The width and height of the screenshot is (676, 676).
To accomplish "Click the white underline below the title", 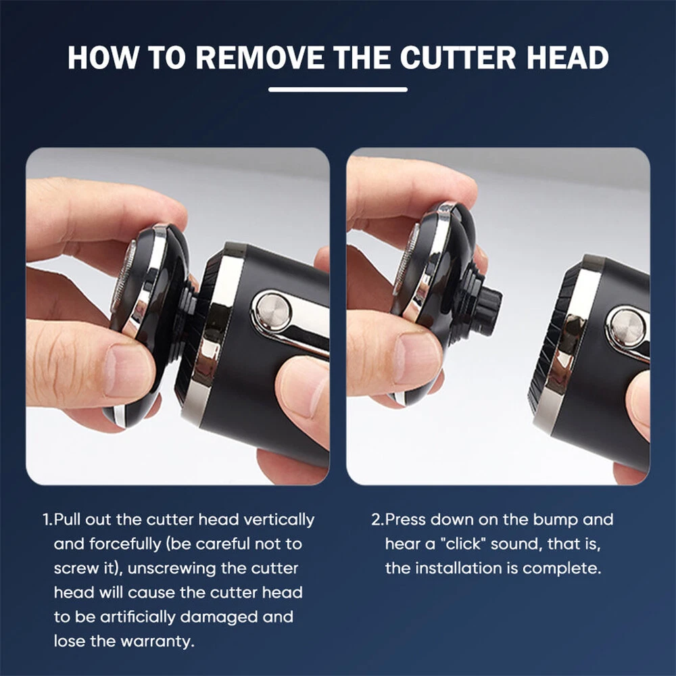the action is pyautogui.click(x=338, y=90).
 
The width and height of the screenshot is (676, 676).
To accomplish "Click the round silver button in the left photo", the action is pyautogui.click(x=272, y=311).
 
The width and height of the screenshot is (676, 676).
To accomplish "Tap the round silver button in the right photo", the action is pyautogui.click(x=627, y=326).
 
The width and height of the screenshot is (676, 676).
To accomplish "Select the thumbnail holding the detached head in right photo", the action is pyautogui.click(x=416, y=358).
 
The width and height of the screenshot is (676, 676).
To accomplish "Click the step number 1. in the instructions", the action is pyautogui.click(x=48, y=519).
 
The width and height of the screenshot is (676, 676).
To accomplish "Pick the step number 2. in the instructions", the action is pyautogui.click(x=378, y=519).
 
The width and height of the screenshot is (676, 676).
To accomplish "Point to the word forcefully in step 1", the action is pyautogui.click(x=125, y=544).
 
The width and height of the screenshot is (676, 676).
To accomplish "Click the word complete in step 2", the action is pyautogui.click(x=562, y=569).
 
